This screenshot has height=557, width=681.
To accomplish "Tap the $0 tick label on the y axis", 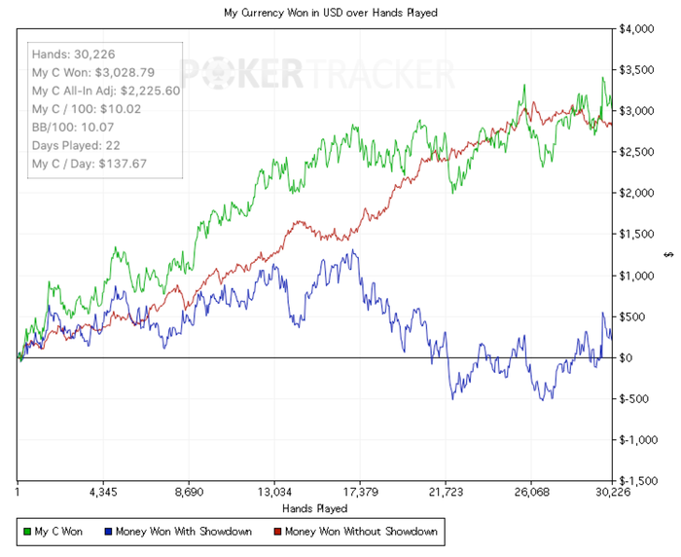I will [626, 357].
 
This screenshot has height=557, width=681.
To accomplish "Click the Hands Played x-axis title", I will [314, 508].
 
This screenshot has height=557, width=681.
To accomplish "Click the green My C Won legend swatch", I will [26, 532].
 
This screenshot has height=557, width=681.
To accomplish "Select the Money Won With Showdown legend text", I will [184, 532].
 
